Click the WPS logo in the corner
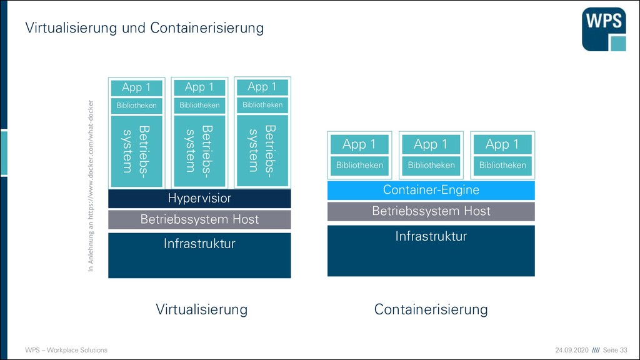pyautogui.click(x=604, y=29)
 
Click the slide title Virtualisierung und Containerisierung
pyautogui.click(x=144, y=27)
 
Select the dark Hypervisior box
pyautogui.click(x=199, y=198)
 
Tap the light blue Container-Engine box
pyautogui.click(x=431, y=190)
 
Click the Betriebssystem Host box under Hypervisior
pyautogui.click(x=199, y=219)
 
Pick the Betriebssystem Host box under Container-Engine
pyautogui.click(x=431, y=211)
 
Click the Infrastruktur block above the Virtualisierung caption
pyautogui.click(x=199, y=256)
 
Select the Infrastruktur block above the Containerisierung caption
pyautogui.click(x=431, y=251)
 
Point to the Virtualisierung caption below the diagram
pyautogui.click(x=202, y=309)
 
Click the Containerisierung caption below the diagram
pyautogui.click(x=431, y=309)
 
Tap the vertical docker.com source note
pyautogui.click(x=91, y=186)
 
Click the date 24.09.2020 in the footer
pyautogui.click(x=572, y=350)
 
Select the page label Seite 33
pyautogui.click(x=615, y=350)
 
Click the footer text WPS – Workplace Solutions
pyautogui.click(x=66, y=350)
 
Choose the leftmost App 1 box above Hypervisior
pyautogui.click(x=137, y=87)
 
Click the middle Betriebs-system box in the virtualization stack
pyautogui.click(x=199, y=151)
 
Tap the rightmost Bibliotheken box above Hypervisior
pyautogui.click(x=262, y=105)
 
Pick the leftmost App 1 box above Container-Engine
pyautogui.click(x=359, y=144)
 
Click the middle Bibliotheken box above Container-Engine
pyautogui.click(x=431, y=166)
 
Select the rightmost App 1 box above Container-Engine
pyautogui.click(x=502, y=144)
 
